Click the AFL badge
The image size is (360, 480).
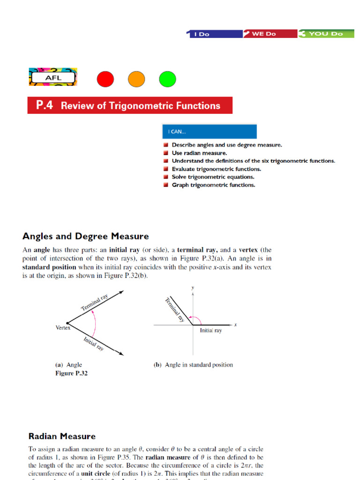53,77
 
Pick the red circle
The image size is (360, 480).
105,79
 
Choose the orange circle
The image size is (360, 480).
136,79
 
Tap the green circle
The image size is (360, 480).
167,79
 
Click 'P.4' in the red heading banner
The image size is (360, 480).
45,105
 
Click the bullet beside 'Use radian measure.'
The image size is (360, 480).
166,153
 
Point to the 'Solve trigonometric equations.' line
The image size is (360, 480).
213,177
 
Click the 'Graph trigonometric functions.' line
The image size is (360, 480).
213,185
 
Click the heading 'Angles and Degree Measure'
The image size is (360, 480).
86,236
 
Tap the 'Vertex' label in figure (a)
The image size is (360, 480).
63,328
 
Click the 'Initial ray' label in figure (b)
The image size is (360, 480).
211,330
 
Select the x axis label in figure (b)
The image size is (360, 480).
235,324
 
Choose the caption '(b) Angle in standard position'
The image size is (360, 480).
193,365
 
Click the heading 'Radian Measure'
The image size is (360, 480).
62,436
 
